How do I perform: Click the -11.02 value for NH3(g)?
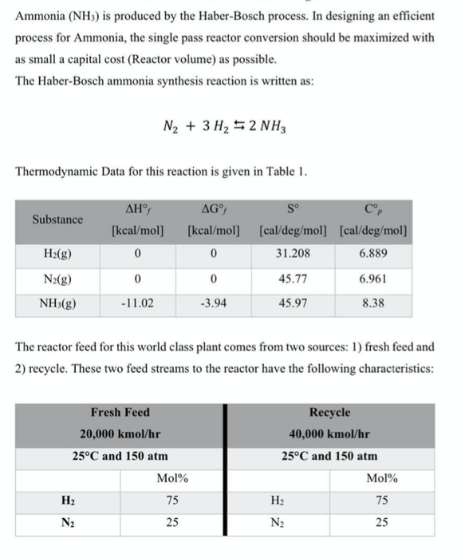(138, 303)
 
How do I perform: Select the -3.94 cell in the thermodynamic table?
(213, 303)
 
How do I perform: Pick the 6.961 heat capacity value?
(375, 279)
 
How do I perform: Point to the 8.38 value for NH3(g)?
(375, 303)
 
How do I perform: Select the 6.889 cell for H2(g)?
(375, 255)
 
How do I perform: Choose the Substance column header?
(57, 220)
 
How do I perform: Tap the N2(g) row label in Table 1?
(57, 279)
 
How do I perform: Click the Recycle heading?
(329, 413)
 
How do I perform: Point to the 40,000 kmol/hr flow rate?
(329, 434)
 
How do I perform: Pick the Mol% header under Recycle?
(381, 479)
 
